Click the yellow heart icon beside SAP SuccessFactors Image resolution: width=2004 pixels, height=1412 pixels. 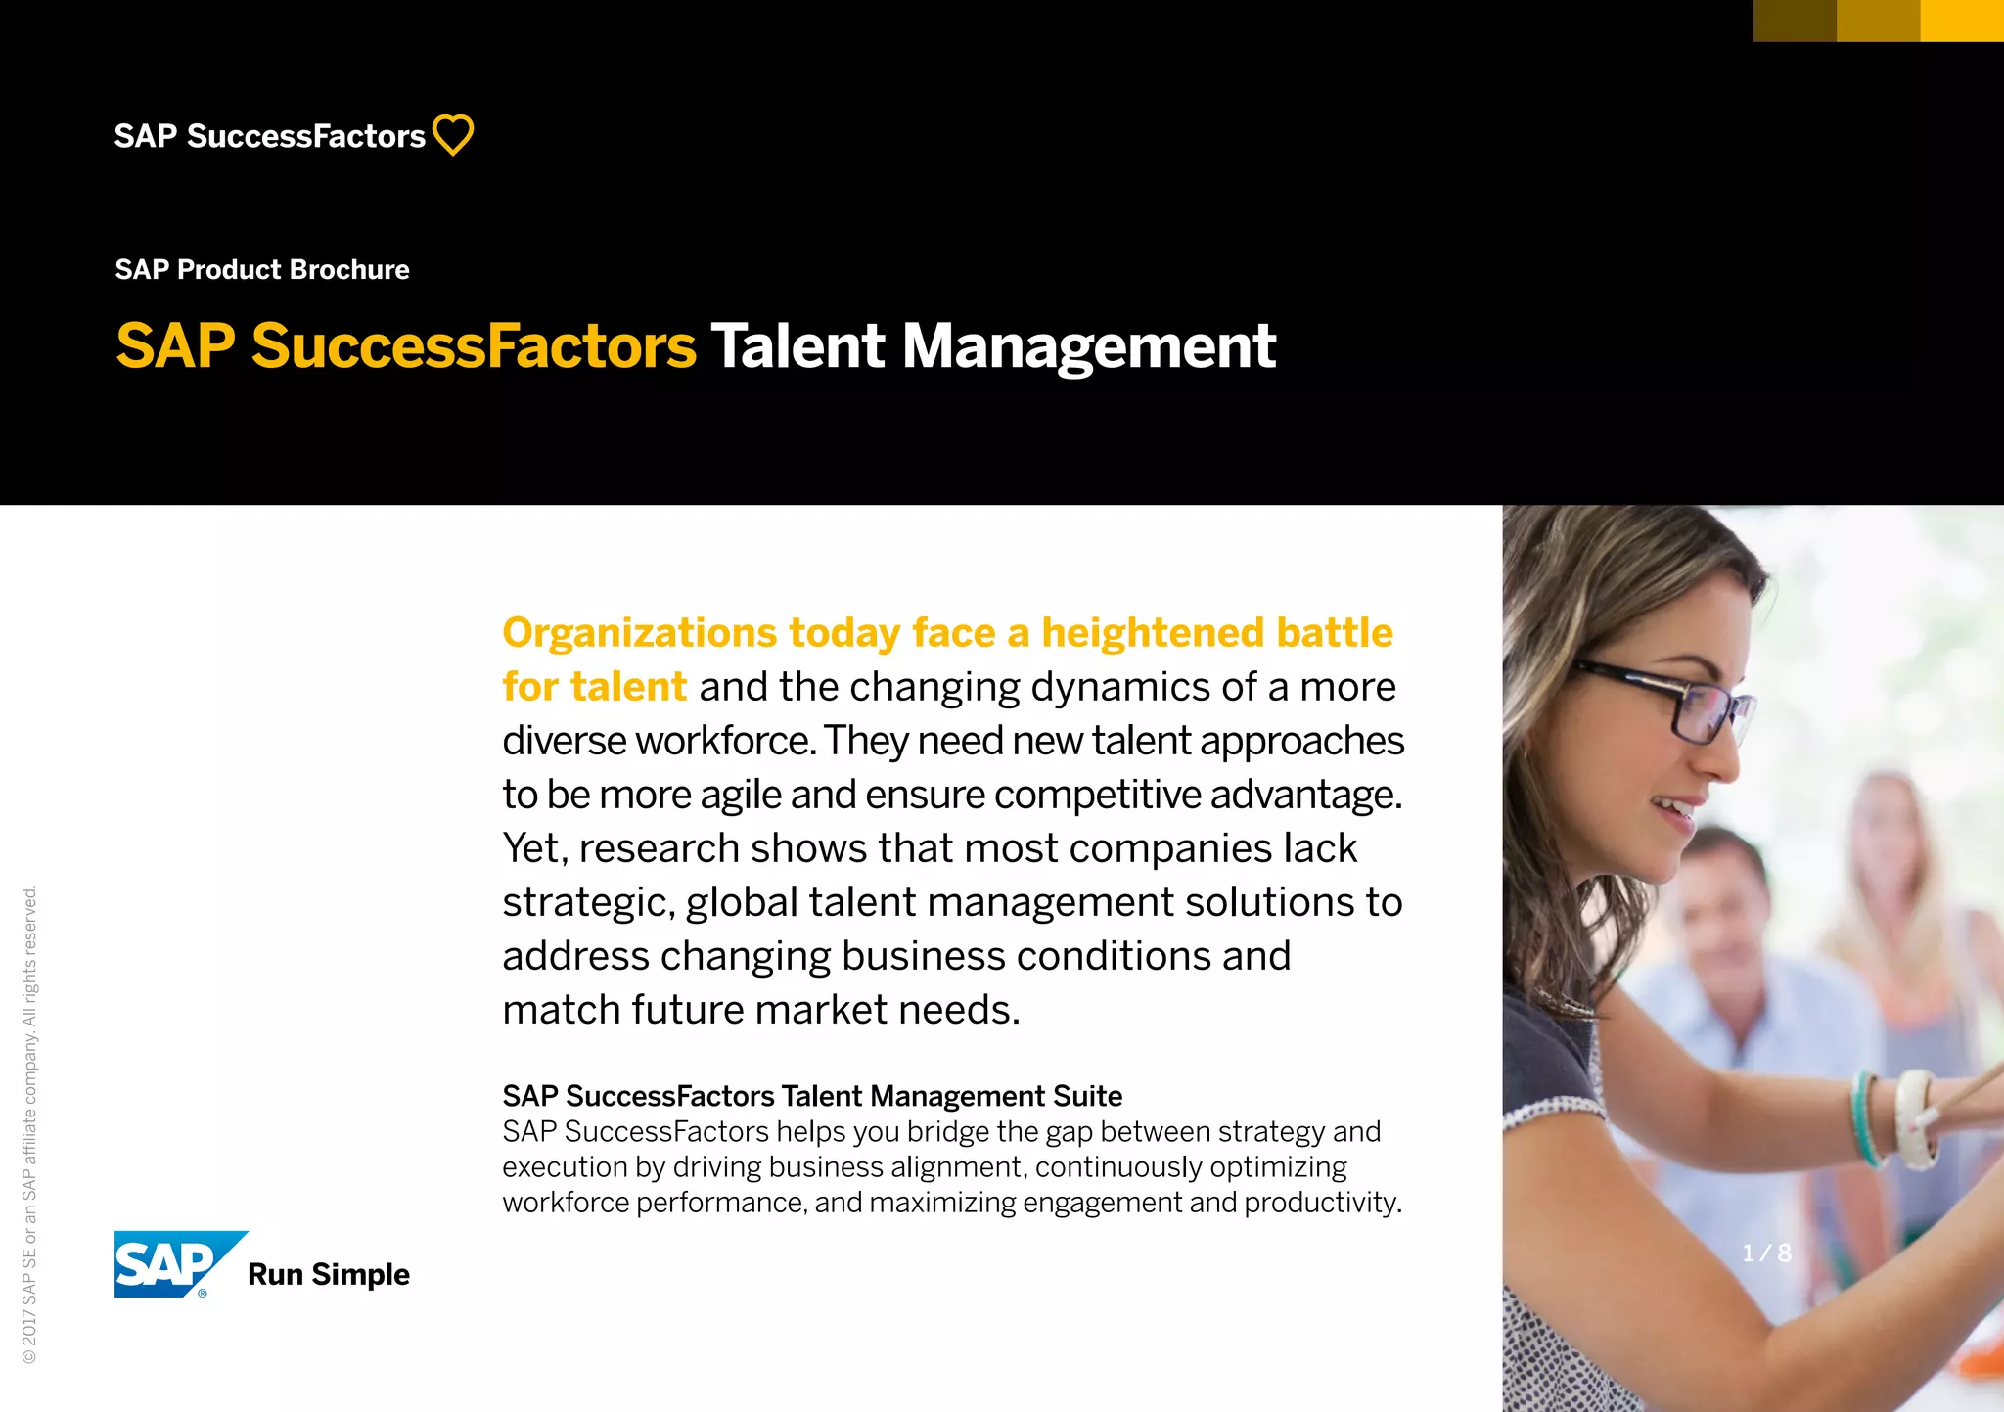click(x=453, y=135)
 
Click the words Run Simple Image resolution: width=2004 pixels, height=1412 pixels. click(x=329, y=1274)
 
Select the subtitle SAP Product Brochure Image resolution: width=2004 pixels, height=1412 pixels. click(x=262, y=269)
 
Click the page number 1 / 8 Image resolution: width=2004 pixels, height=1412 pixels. click(x=1766, y=1253)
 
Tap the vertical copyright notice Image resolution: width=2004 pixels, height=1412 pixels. click(x=29, y=1125)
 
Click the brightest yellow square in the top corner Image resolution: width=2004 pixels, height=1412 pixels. click(x=1962, y=21)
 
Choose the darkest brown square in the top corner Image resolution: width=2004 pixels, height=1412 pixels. click(x=1795, y=21)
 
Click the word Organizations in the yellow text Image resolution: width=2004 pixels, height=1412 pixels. click(x=639, y=633)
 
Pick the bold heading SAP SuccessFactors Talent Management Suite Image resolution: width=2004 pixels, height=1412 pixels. click(x=812, y=1096)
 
